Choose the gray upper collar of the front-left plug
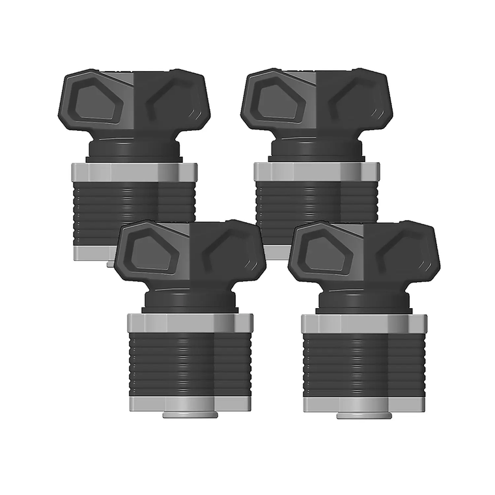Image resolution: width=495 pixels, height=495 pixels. coord(190,322)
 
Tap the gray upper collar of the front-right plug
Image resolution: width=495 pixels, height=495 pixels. coord(364,323)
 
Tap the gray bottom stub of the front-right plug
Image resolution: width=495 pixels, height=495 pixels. coord(363,415)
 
